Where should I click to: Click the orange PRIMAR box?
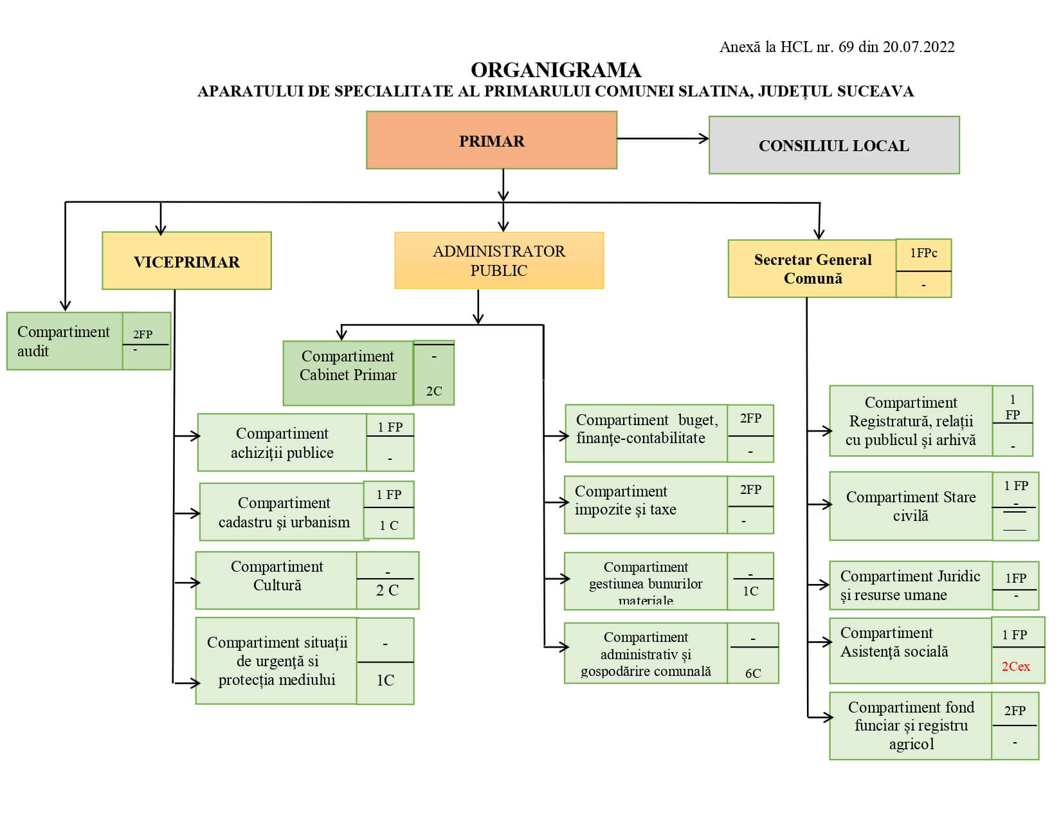491,140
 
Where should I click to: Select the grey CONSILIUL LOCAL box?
833,145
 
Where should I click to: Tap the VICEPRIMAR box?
186,261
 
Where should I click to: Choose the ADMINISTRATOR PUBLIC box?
499,260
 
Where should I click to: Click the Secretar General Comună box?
812,269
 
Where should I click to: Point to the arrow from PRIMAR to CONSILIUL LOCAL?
662,138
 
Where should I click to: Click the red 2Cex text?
1015,666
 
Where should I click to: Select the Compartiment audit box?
64,341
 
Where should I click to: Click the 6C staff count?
753,673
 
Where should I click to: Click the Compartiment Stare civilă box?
911,506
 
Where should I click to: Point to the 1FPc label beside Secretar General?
923,253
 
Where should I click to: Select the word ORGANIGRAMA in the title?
556,69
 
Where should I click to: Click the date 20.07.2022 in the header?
918,47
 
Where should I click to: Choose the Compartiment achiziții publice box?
282,442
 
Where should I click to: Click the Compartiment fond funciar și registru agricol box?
911,725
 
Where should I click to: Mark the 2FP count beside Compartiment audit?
143,334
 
